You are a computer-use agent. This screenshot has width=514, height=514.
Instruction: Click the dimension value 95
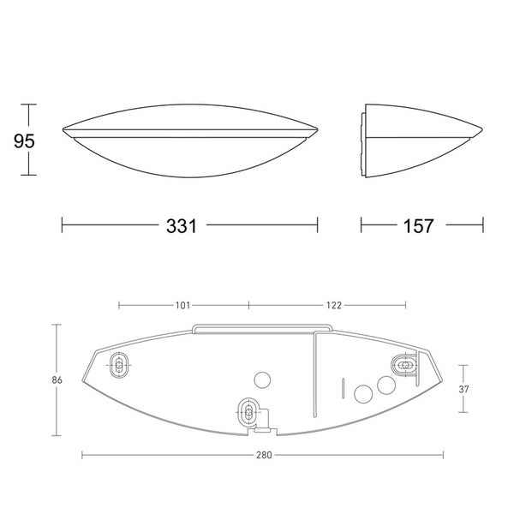pyautogui.click(x=24, y=141)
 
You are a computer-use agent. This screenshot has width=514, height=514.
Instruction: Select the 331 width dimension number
pyautogui.click(x=182, y=226)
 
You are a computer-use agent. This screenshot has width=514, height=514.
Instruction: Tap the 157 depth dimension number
pyautogui.click(x=418, y=226)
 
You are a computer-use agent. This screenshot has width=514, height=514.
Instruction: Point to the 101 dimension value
pyautogui.click(x=182, y=306)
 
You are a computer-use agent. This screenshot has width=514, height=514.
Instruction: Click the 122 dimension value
pyautogui.click(x=334, y=306)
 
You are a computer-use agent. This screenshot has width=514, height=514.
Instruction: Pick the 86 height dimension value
pyautogui.click(x=57, y=380)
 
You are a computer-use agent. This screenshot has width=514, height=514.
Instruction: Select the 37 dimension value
pyautogui.click(x=463, y=389)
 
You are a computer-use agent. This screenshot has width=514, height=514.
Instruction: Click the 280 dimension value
pyautogui.click(x=264, y=455)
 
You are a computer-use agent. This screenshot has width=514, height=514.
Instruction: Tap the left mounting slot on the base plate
pyautogui.click(x=119, y=365)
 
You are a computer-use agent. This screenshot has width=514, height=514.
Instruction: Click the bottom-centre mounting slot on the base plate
pyautogui.click(x=248, y=411)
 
